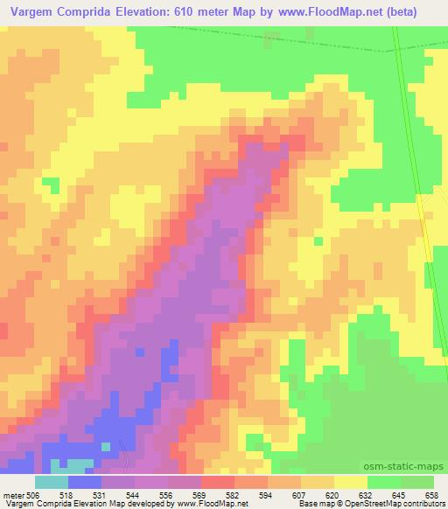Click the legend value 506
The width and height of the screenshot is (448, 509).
coord(32,494)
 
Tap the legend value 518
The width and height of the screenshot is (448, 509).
coord(67,494)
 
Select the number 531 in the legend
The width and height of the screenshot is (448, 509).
coord(101,494)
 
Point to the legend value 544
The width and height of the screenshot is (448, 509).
coord(135,494)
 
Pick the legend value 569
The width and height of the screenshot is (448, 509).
coord(200,494)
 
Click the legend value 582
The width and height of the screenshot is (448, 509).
coord(234,494)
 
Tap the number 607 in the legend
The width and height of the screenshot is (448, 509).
coord(301,494)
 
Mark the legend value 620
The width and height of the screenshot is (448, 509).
coord(334,494)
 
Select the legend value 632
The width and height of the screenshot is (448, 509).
coord(367,494)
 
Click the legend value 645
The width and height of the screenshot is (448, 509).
coord(400,494)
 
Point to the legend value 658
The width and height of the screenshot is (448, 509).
coord(433,494)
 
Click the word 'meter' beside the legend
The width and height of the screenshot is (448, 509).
coord(13,494)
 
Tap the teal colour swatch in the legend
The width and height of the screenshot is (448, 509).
coord(52,482)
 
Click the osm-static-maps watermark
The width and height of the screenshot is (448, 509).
coord(412,468)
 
